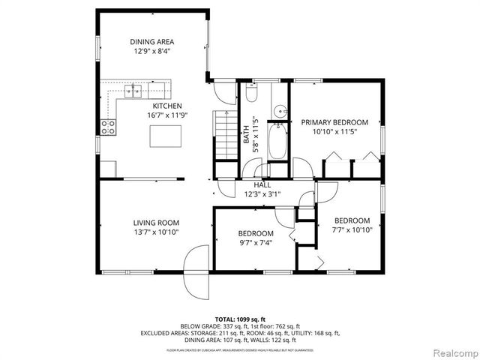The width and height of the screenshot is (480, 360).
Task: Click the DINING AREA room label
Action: (153, 42)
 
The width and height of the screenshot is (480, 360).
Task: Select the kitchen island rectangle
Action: (166, 136)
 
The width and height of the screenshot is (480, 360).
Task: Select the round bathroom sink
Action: (279, 111)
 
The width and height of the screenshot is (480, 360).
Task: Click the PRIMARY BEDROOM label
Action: (334, 121)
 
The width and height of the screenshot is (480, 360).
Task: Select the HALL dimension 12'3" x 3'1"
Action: (262, 194)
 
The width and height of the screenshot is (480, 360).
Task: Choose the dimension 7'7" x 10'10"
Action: (352, 230)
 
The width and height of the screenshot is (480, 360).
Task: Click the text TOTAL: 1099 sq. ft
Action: (240, 319)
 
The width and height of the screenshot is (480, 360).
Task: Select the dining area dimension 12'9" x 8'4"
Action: (153, 52)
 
